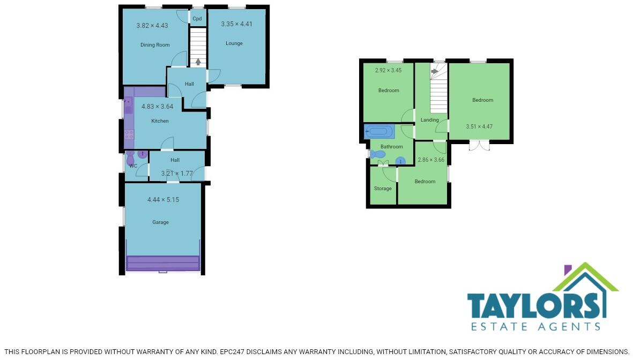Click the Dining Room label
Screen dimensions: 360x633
155,45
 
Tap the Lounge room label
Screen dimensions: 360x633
234,43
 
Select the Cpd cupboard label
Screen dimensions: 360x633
197,19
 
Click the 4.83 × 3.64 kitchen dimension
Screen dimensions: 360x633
157,107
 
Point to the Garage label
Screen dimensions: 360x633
160,222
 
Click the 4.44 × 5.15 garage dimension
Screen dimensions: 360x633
163,200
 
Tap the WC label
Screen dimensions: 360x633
133,166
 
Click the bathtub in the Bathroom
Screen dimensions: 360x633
379,131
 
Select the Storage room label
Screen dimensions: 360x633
383,189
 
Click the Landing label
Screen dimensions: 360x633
430,120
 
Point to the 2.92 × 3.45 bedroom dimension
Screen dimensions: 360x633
389,70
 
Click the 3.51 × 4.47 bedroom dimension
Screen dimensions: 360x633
479,127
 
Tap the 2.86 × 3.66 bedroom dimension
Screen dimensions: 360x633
431,160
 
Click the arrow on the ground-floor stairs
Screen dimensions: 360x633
198,62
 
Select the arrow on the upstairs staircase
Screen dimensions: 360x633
434,71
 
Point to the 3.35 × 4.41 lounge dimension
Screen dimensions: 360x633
236,24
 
